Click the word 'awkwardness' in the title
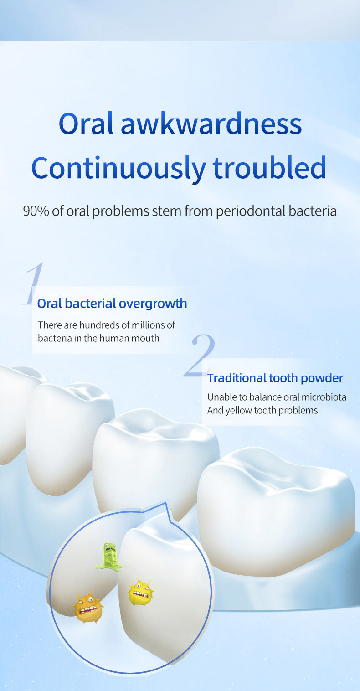click(211, 124)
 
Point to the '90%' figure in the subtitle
click(36, 211)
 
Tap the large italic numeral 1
click(32, 284)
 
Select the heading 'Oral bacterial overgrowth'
click(112, 304)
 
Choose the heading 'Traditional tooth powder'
click(275, 378)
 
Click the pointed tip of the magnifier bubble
click(167, 502)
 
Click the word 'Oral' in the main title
click(86, 124)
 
